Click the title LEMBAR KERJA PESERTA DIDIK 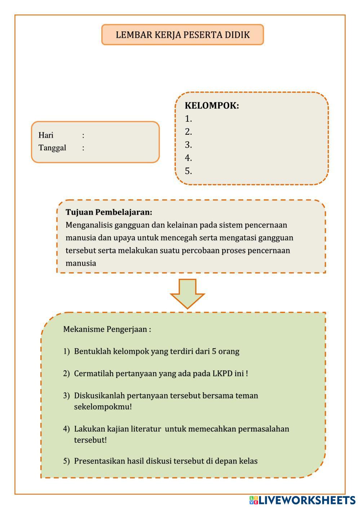pyautogui.click(x=183, y=35)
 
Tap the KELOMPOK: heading pyautogui.click(x=212, y=106)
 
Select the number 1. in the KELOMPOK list pyautogui.click(x=188, y=119)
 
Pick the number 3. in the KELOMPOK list pyautogui.click(x=188, y=145)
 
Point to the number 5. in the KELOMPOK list pyautogui.click(x=188, y=171)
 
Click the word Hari pyautogui.click(x=46, y=135)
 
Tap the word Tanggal pyautogui.click(x=52, y=148)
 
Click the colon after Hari pyautogui.click(x=83, y=135)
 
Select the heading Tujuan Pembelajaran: pyautogui.click(x=109, y=212)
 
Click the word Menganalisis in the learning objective pyautogui.click(x=89, y=225)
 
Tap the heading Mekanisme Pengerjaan pyautogui.click(x=107, y=329)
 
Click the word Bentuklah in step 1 pyautogui.click(x=93, y=351)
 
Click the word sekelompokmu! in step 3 pyautogui.click(x=103, y=407)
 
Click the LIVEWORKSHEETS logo pyautogui.click(x=302, y=500)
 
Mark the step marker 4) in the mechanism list pyautogui.click(x=66, y=429)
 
